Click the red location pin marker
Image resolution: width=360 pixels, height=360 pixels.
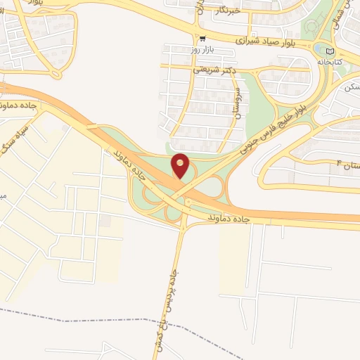point(181,166)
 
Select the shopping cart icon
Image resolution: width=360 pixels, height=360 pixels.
point(202,39)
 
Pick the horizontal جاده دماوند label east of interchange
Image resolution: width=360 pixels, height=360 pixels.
point(229,220)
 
